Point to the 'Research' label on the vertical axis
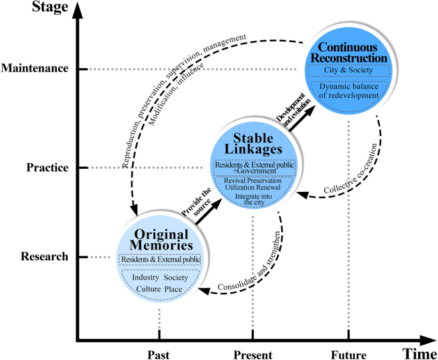(x=44, y=257)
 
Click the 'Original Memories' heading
(x=159, y=240)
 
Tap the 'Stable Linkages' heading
(x=254, y=145)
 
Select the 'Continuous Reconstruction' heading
(x=348, y=53)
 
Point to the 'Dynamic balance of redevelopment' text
(x=348, y=90)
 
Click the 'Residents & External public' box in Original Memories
(x=160, y=260)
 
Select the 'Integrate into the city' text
(x=254, y=199)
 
